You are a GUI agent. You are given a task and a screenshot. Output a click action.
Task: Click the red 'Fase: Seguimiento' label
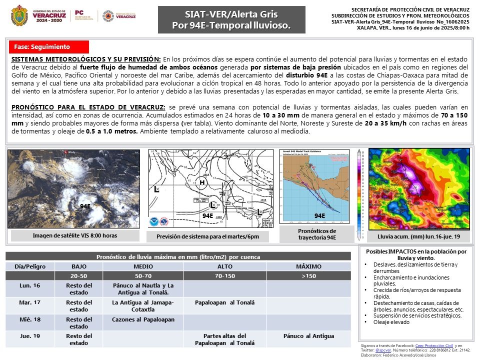click(49, 47)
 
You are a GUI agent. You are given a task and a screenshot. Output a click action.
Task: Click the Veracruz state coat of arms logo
click(19, 15)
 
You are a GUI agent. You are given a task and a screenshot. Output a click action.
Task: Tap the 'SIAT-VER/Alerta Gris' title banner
click(231, 20)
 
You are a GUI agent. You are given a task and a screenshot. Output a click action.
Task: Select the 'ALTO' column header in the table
click(224, 266)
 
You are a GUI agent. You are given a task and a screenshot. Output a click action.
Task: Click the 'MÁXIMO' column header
click(308, 266)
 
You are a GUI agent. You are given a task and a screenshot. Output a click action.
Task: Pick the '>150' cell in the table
click(308, 275)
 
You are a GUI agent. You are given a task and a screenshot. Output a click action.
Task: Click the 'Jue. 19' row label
click(29, 336)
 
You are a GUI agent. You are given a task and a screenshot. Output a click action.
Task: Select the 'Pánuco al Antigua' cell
click(308, 336)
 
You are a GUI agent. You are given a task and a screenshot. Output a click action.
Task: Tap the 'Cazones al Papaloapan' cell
click(143, 319)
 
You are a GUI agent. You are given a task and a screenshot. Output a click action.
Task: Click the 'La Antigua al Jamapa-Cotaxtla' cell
click(143, 305)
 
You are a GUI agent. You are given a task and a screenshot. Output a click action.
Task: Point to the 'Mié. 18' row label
click(29, 319)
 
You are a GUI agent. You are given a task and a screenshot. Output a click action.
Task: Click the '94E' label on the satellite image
click(85, 206)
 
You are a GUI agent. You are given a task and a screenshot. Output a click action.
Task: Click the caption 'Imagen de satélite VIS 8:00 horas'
click(75, 235)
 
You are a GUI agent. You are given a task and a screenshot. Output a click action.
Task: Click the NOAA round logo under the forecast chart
click(153, 221)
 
